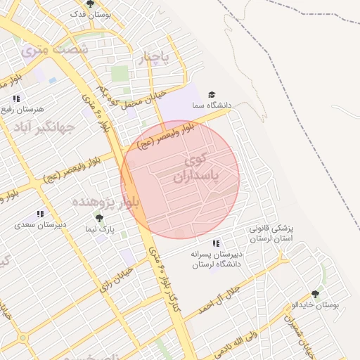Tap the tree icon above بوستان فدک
[x=89, y=4]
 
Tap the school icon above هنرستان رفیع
[x=15, y=98]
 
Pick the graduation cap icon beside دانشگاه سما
[x=212, y=95]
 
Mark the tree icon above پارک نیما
[x=98, y=218]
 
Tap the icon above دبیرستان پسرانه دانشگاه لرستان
[x=216, y=243]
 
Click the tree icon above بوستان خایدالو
[x=314, y=294]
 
